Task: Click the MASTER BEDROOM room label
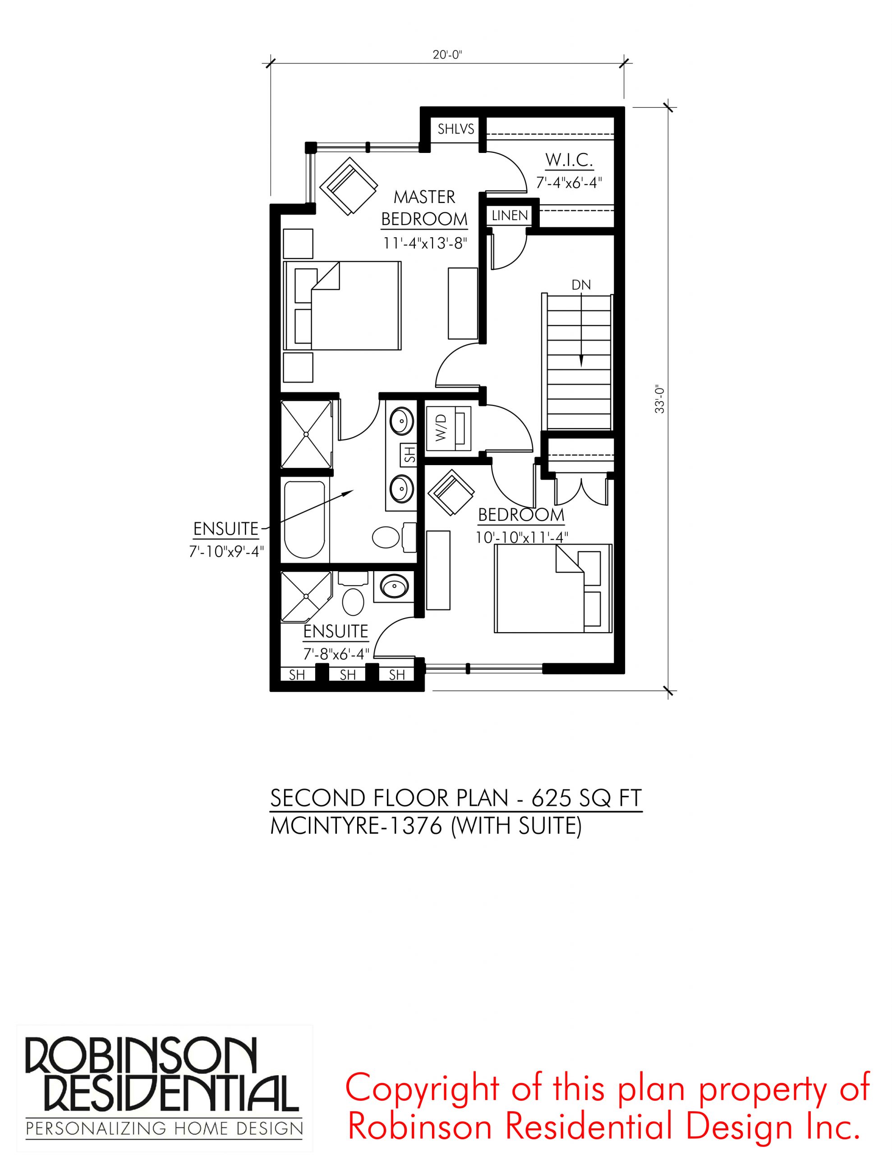[x=424, y=208]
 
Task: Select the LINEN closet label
[x=510, y=216]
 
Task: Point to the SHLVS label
[x=456, y=129]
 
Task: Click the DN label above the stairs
[x=581, y=285]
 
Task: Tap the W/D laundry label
[x=441, y=428]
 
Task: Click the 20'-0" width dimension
[x=448, y=55]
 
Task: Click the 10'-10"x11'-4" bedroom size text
[x=522, y=537]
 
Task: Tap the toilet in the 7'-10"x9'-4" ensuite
[x=394, y=538]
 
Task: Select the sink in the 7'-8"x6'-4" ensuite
[x=395, y=586]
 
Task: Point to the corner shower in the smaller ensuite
[x=306, y=596]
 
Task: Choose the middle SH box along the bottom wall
[x=347, y=675]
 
